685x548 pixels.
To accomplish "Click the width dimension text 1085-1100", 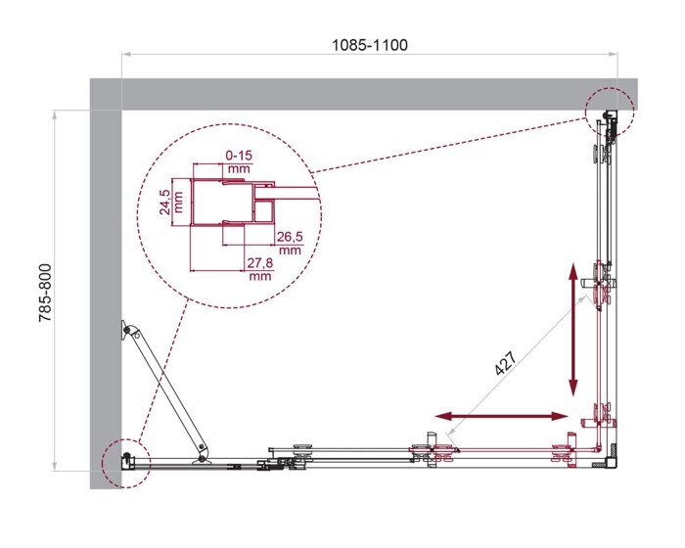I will point(369,45).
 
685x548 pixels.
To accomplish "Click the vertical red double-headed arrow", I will point(573,330).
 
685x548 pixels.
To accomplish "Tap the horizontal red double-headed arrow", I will point(501,417).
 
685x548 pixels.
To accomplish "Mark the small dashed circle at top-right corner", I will point(610,114).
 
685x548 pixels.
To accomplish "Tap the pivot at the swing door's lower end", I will point(203,455).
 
